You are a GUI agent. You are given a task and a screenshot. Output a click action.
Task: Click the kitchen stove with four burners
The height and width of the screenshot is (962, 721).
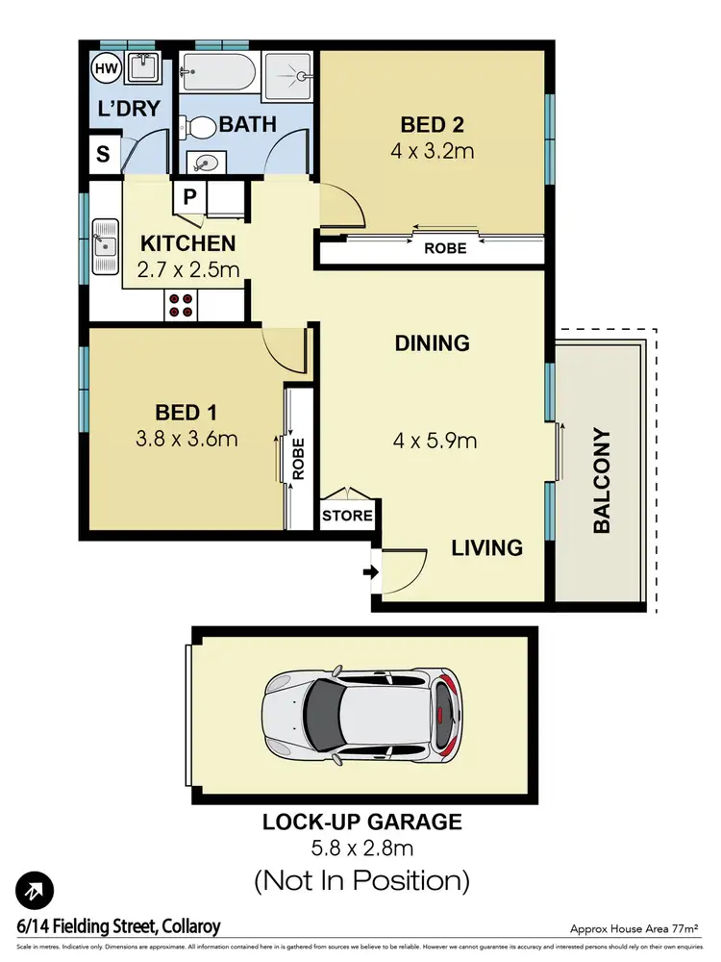coord(180,304)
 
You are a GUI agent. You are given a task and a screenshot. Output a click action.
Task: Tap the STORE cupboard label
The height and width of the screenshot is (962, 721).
coord(347,516)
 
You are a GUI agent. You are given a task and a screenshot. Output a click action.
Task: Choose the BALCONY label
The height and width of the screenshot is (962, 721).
coord(602,480)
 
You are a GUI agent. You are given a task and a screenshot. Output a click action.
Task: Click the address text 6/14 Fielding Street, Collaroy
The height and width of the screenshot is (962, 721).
coord(118,926)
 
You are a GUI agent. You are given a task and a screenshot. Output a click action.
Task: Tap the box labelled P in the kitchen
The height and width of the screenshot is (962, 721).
coord(189,197)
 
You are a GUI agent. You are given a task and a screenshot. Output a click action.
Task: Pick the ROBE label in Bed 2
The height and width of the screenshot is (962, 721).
coord(444,248)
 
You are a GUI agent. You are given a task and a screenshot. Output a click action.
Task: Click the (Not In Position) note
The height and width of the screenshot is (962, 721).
coord(361,879)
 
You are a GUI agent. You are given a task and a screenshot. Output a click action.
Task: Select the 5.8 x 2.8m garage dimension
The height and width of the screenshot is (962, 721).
coord(361,848)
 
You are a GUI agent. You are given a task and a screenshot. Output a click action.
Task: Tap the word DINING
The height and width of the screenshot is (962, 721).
coord(432,342)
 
